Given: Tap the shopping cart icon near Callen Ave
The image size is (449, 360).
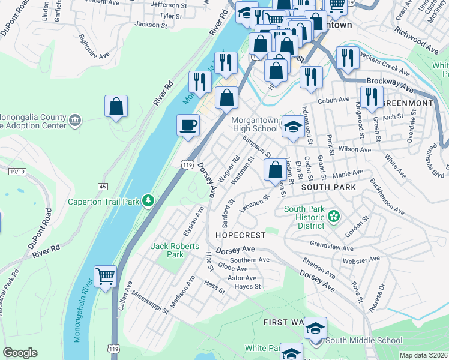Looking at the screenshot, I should [x=106, y=277].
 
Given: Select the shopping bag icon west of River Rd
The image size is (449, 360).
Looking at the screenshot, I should [x=116, y=107].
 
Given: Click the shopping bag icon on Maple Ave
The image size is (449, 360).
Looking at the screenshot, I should [x=275, y=170].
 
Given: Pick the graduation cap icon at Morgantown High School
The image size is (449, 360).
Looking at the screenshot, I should [x=292, y=127].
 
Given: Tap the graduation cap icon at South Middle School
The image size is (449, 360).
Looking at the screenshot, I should [x=315, y=328].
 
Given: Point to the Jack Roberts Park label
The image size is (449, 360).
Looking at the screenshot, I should [x=167, y=250].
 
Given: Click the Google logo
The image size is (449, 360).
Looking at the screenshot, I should [x=20, y=352].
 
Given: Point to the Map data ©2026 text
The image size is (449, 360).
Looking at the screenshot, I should [x=423, y=355].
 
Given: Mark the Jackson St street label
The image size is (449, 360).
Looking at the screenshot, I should [x=151, y=25].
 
